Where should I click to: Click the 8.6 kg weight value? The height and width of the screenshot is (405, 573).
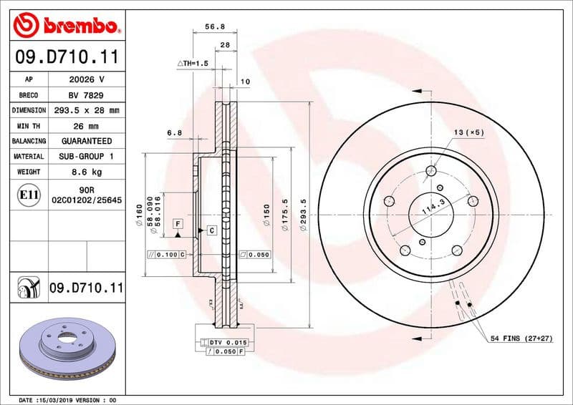(86, 172)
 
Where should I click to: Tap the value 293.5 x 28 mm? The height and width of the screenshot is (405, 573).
(86, 110)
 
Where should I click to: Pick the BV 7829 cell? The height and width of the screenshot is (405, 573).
(86, 95)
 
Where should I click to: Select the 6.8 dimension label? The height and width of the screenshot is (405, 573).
(174, 132)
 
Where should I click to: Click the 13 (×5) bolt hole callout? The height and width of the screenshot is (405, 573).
(469, 132)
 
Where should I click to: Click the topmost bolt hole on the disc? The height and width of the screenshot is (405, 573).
(430, 171)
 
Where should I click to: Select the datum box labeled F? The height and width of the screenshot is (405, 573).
(176, 225)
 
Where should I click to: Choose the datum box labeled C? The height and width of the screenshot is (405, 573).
(212, 230)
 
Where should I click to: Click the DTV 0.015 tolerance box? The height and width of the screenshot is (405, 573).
(227, 343)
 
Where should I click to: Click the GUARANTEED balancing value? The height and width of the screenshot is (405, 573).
(86, 141)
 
